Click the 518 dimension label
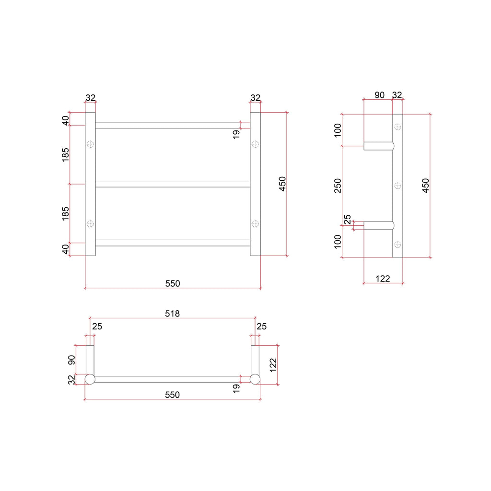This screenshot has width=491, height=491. coord(172,314)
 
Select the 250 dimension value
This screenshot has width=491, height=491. coord(338,186)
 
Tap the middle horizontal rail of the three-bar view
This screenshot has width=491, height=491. coord(173,184)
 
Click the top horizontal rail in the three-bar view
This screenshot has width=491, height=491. coord(173,125)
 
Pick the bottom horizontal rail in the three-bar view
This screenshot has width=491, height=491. coord(173,243)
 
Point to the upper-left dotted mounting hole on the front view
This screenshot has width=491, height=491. coord(90,144)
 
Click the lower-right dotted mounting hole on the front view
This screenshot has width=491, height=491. coord(255,224)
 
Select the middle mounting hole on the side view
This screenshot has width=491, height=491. coord(397,186)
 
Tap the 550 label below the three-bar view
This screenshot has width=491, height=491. coord(173,283)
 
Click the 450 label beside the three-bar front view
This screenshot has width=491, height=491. coord(282,184)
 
